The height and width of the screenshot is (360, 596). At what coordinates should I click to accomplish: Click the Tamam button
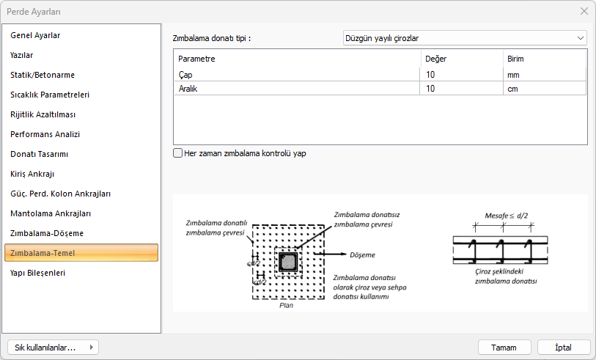click(504, 348)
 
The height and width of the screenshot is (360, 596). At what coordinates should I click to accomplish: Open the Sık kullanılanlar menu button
click(53, 348)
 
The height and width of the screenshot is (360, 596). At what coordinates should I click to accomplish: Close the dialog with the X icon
click(584, 12)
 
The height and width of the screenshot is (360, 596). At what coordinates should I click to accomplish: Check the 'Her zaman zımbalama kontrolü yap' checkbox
click(177, 153)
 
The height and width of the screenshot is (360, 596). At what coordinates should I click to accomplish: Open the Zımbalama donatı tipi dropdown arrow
click(581, 38)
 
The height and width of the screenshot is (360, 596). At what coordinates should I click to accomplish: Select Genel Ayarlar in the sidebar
click(35, 35)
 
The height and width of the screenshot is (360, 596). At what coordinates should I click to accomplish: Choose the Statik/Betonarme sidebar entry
click(43, 75)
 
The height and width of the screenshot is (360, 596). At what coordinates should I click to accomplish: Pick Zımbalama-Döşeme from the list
click(47, 233)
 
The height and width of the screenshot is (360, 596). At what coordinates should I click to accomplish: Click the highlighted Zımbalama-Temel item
click(81, 253)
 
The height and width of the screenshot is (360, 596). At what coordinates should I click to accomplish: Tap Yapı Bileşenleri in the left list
click(37, 273)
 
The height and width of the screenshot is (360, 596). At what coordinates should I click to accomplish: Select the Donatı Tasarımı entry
click(39, 154)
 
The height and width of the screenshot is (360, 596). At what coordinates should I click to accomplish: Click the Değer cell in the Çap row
click(461, 75)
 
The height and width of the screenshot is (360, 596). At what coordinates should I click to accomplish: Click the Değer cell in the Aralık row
click(461, 89)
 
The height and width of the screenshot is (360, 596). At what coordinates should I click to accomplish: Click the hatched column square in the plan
click(289, 262)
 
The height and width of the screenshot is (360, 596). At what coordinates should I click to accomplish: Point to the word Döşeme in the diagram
click(362, 254)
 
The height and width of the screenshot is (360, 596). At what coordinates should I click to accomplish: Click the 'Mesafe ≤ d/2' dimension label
click(507, 216)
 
